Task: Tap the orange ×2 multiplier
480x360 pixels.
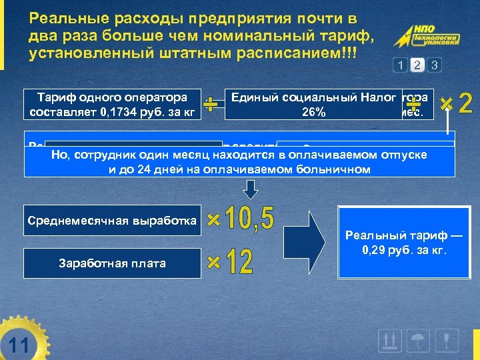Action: click(457, 103)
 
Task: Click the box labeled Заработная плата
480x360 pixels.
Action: click(111, 263)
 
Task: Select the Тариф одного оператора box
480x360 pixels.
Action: click(111, 103)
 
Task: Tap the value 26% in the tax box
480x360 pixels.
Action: click(313, 112)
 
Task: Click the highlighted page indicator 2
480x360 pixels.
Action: click(417, 65)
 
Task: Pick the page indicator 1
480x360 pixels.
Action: click(400, 65)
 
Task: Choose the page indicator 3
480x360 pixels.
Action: click(434, 65)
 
